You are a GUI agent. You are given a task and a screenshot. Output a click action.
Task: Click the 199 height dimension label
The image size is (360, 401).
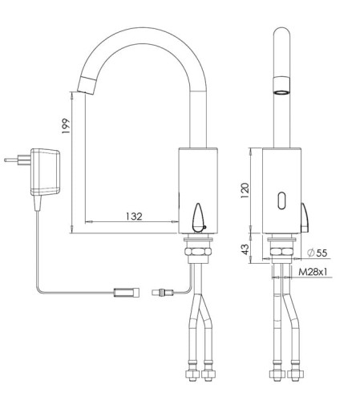tap(66, 126)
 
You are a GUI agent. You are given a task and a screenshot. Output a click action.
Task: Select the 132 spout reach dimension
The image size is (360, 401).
tap(134, 216)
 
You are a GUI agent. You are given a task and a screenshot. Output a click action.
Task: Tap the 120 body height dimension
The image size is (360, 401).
tap(245, 190)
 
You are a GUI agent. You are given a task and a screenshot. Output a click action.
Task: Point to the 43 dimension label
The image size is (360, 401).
tap(245, 249)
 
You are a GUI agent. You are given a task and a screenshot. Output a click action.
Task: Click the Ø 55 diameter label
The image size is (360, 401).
tap(318, 253)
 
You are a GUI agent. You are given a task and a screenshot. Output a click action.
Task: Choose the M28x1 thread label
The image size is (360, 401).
tap(313, 272)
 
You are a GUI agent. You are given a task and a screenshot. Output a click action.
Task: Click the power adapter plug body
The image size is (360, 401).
tap(46, 172)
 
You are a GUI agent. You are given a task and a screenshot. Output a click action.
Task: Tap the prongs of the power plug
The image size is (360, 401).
tap(18, 160)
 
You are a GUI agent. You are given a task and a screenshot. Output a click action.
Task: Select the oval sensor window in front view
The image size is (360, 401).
tap(281, 200)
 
